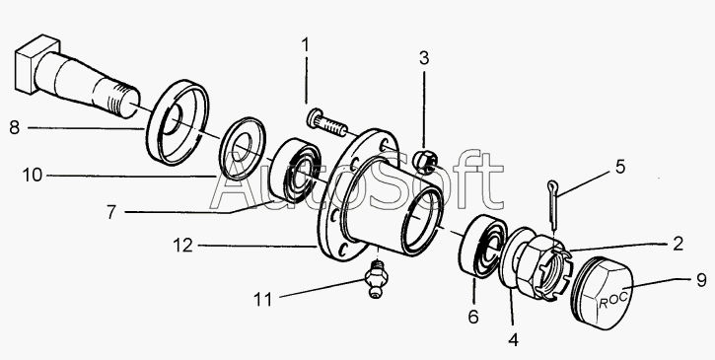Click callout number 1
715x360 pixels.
click(305, 46)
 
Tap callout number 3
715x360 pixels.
click(424, 58)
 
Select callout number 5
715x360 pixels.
click(620, 167)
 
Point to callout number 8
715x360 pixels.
click(15, 127)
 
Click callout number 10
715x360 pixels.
click(33, 175)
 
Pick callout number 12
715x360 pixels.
click(182, 246)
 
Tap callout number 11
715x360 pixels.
click(262, 299)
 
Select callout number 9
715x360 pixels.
click(702, 280)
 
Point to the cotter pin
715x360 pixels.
click(553, 204)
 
